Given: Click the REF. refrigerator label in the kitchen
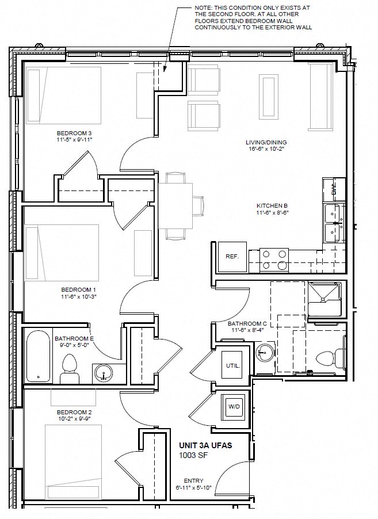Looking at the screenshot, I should (x=232, y=257).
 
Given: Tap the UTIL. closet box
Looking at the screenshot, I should (x=233, y=365).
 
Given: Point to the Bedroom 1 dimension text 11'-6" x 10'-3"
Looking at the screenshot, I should (x=78, y=297).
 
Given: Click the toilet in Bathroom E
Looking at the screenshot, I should (x=70, y=368).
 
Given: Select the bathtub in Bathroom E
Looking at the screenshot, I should (x=38, y=356).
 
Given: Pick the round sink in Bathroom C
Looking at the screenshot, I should (x=265, y=351).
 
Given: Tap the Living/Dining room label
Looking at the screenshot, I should (x=266, y=143).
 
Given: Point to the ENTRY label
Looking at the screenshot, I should (x=193, y=480).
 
